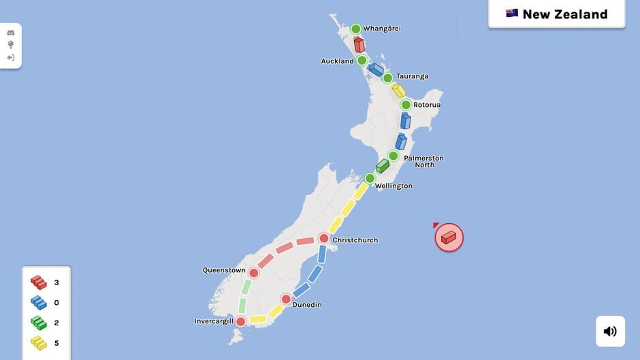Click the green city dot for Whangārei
click(x=355, y=29)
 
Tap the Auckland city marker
click(x=362, y=61)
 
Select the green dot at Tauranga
click(x=387, y=78)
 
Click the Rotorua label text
click(x=427, y=105)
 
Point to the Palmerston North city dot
click(x=393, y=156)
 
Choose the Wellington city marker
click(x=370, y=178)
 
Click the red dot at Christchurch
click(x=324, y=238)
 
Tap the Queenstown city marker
click(x=254, y=273)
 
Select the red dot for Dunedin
click(x=286, y=299)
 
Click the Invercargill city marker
click(x=240, y=321)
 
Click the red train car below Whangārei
click(x=359, y=45)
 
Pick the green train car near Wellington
click(x=382, y=166)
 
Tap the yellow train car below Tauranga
click(x=398, y=91)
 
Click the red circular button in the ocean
click(x=449, y=238)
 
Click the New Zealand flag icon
click(x=512, y=14)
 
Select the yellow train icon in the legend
click(x=38, y=343)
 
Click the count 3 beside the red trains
click(x=57, y=282)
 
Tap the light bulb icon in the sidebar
click(x=11, y=45)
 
